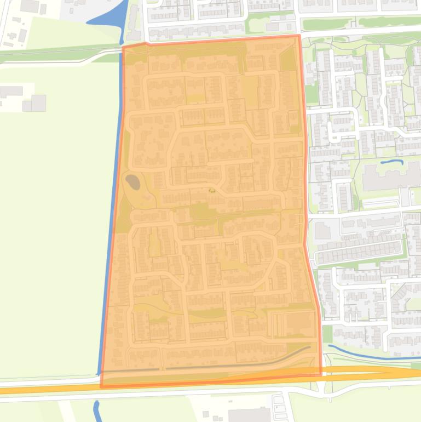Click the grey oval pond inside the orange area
pyautogui.click(x=132, y=180)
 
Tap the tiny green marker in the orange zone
pyautogui.click(x=211, y=190)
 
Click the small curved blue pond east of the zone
pyautogui.click(x=391, y=162)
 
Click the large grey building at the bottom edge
pyautogui.click(x=249, y=415)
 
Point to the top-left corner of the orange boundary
pyautogui.click(x=123, y=47)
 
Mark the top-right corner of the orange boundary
pyautogui.click(x=299, y=36)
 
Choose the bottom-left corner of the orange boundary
pyautogui.click(x=101, y=387)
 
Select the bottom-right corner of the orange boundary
pyautogui.click(x=321, y=375)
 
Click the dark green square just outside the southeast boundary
pyautogui.click(x=327, y=333)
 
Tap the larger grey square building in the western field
pyautogui.click(x=38, y=102)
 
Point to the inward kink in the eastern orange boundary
pyautogui.click(x=305, y=244)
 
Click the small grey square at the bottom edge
pyautogui.click(x=206, y=415)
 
